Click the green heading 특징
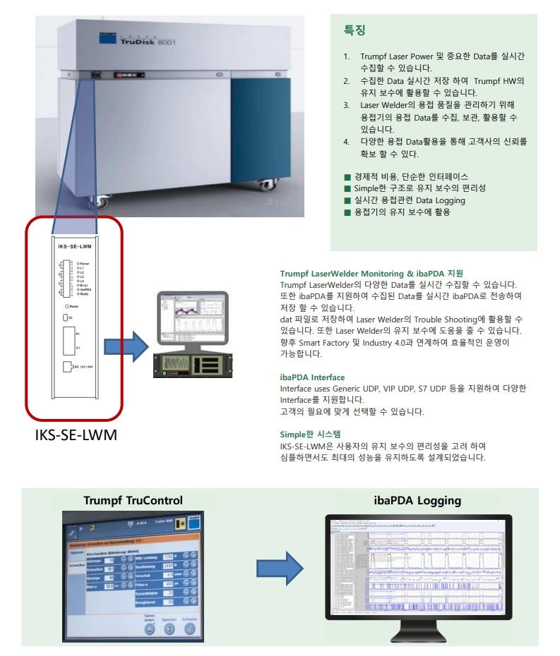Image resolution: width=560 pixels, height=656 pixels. [x=355, y=30]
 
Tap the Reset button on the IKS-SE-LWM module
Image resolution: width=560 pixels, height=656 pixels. [x=66, y=306]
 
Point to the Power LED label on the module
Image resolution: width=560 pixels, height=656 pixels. [x=84, y=262]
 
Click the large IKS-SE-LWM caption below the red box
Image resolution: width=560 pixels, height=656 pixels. [x=76, y=435]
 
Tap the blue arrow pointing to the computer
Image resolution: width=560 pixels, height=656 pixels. [x=126, y=346]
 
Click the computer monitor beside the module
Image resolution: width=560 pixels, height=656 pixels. [x=192, y=312]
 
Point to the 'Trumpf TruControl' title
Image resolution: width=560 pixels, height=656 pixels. [x=133, y=501]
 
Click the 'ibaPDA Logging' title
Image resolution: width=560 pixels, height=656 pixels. [x=417, y=501]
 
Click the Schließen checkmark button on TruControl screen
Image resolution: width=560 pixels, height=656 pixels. [x=189, y=629]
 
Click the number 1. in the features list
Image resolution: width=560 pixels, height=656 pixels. [x=347, y=56]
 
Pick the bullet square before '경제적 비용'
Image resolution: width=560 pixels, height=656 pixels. [x=347, y=176]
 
